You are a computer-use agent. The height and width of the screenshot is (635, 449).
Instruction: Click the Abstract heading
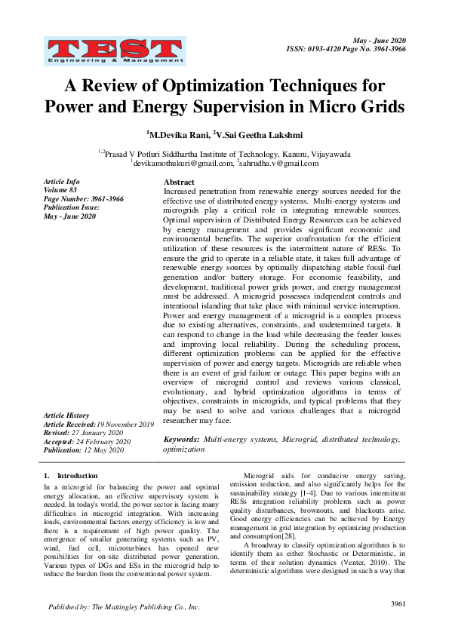[179, 183]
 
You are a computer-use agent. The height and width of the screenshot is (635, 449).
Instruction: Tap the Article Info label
[62, 182]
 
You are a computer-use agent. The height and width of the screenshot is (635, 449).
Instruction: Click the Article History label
[66, 416]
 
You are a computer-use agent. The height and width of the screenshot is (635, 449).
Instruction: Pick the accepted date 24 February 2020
[103, 442]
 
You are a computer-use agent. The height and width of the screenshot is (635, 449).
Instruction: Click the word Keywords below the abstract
[181, 438]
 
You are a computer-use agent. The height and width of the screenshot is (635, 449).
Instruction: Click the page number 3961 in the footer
[399, 604]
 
